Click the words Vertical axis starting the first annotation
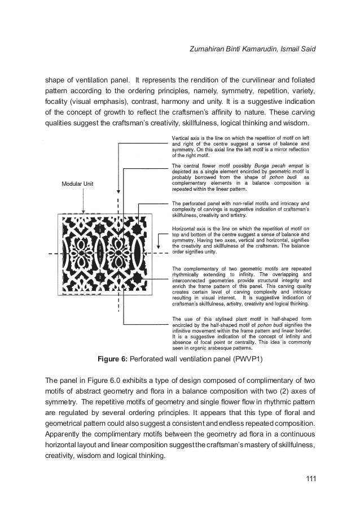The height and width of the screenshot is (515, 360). point(187,138)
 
